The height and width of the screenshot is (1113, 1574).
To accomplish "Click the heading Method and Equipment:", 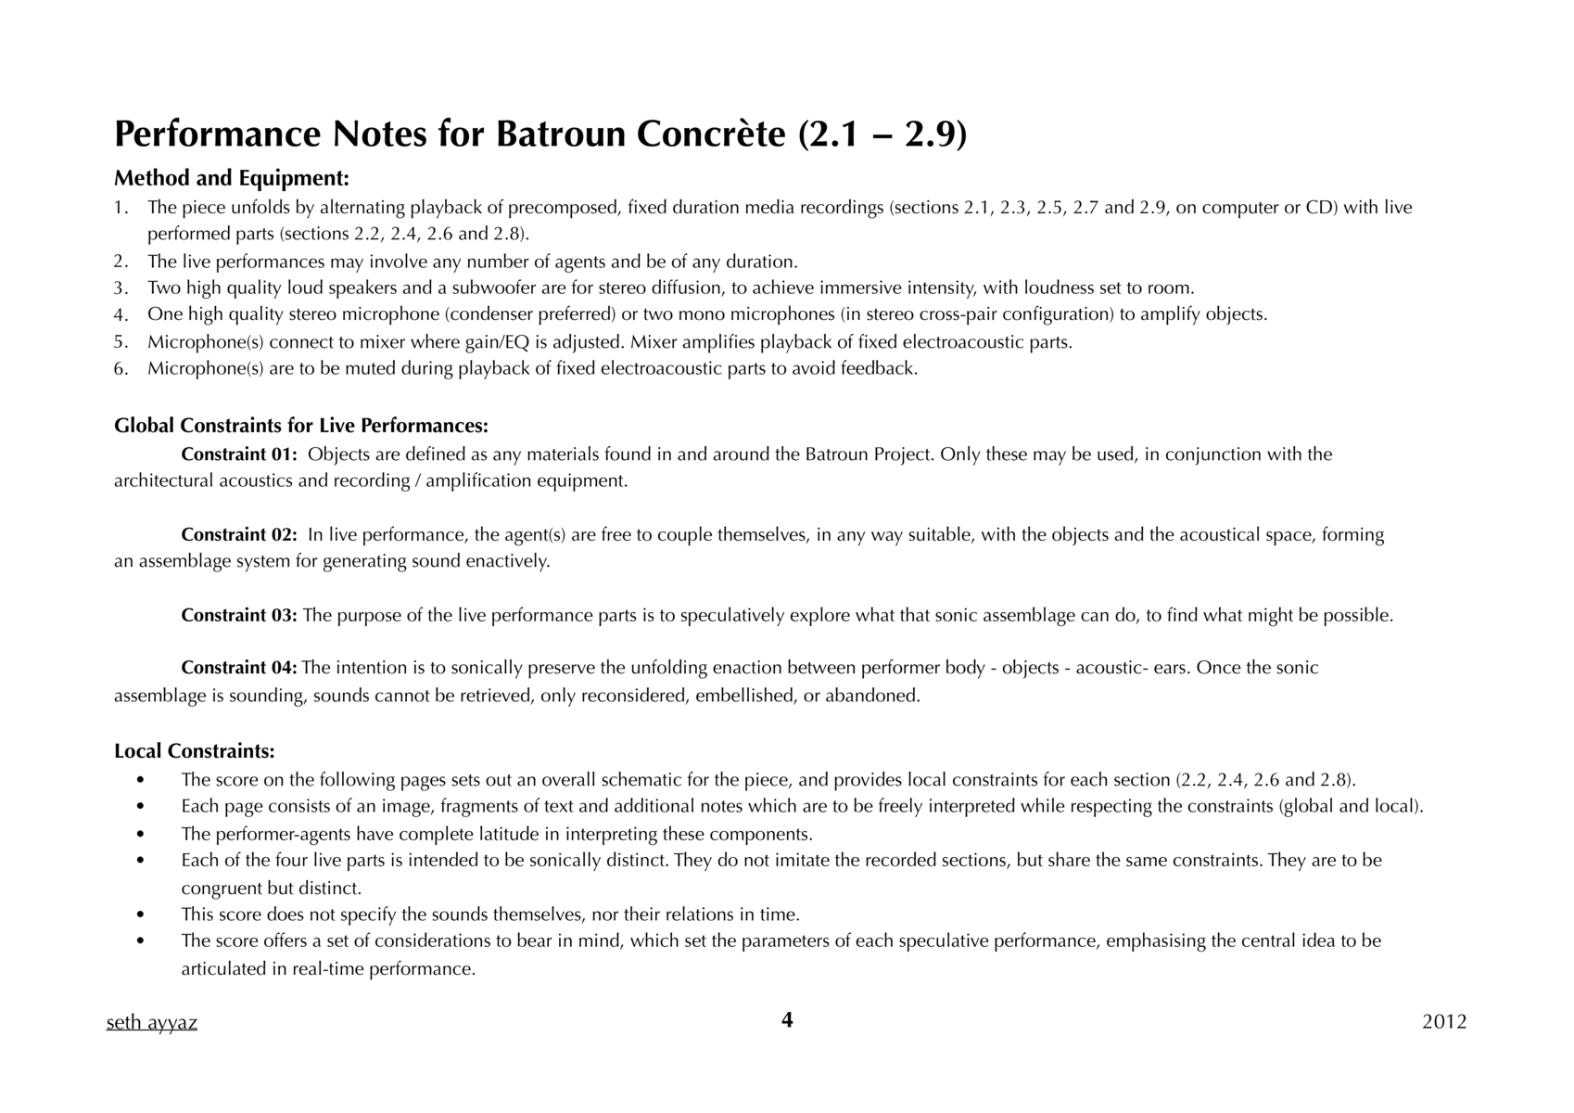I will (x=232, y=178).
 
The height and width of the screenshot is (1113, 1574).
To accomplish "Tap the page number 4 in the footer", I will (x=787, y=1020).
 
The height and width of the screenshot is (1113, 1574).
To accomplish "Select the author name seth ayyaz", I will (x=152, y=1022).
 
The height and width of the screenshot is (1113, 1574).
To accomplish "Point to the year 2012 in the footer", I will (x=1444, y=1022).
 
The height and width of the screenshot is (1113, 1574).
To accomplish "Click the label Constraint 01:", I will (x=239, y=454).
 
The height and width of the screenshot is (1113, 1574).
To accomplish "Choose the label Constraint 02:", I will (x=239, y=535).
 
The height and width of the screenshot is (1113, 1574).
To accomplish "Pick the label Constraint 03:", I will (x=239, y=616).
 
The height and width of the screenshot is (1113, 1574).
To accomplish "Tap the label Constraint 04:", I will (x=239, y=668).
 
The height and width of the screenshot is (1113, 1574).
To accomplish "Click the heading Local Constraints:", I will (x=195, y=750).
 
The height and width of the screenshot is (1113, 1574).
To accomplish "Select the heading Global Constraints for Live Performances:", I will (x=301, y=426).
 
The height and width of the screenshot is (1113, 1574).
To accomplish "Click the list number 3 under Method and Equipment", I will (x=120, y=288).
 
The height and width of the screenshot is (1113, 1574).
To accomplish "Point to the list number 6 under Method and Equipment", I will (x=120, y=369).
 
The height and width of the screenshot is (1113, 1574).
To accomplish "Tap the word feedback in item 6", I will (x=877, y=369).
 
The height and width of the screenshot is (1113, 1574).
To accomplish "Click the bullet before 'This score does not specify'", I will (x=140, y=915).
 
